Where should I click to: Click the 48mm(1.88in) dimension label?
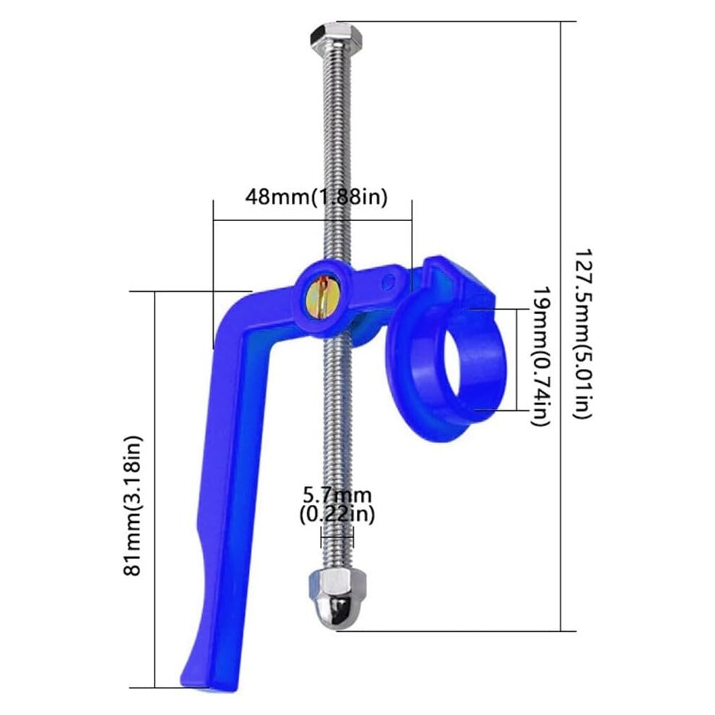pos(316,197)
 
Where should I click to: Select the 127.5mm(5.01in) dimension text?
pos(582,334)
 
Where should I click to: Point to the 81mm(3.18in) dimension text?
pos(133,506)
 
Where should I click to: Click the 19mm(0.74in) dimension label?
pos(541,357)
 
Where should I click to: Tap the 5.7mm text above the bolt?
pos(337,495)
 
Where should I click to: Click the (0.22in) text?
pos(337,514)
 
